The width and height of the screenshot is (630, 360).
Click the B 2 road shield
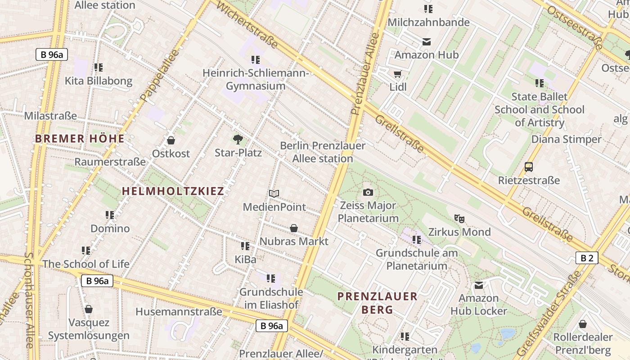[x=587, y=258]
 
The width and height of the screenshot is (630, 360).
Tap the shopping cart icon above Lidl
[x=397, y=74]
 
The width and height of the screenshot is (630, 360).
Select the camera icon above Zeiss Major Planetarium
[x=368, y=193]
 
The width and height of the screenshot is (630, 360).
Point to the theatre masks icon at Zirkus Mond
[x=459, y=219]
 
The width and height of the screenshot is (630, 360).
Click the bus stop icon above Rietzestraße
[x=529, y=167]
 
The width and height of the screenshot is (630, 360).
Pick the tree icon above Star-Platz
[x=238, y=139]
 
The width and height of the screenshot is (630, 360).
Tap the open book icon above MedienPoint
[x=274, y=193]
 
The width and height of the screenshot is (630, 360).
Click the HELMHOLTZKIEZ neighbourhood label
[x=173, y=191]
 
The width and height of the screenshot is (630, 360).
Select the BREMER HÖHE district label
[x=80, y=139]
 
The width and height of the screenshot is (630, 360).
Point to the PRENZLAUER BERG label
[x=378, y=303]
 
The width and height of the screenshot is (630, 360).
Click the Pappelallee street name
[x=159, y=75]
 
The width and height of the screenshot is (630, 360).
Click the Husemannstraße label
[x=179, y=311]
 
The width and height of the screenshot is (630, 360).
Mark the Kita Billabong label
[x=99, y=81]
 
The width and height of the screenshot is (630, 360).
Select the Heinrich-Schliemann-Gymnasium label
[x=256, y=79]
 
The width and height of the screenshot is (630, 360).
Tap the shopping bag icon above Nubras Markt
[x=294, y=229]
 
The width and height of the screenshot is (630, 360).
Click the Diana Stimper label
[x=566, y=139]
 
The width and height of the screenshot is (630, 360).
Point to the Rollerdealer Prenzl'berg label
[x=583, y=343]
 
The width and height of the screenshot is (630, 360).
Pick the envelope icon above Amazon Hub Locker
[x=479, y=285]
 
